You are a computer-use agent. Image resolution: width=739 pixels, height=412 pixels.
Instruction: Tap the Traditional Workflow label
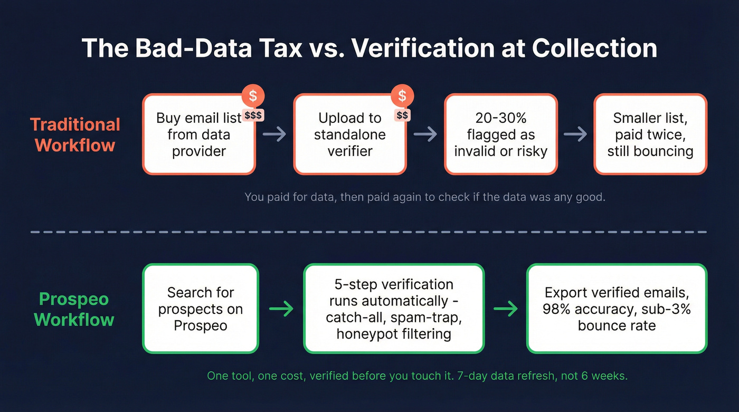click(75, 135)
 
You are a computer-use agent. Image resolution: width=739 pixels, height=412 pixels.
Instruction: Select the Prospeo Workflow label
click(74, 309)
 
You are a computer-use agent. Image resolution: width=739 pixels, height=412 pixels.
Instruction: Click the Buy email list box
click(198, 135)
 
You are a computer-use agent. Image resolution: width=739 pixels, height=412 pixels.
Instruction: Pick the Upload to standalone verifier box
click(349, 135)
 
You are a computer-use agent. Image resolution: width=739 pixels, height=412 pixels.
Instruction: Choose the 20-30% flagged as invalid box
click(500, 135)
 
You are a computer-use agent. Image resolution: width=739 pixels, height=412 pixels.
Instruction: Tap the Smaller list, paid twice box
click(650, 135)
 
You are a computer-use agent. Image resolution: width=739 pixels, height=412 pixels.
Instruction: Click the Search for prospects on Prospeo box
click(201, 309)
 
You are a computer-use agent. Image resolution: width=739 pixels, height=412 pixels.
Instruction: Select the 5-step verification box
click(393, 309)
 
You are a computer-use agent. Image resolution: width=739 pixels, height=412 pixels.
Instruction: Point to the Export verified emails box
click(617, 309)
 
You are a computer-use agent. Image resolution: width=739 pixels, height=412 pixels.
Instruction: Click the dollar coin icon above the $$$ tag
click(253, 95)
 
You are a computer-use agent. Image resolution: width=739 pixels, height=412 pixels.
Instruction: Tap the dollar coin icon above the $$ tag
click(402, 95)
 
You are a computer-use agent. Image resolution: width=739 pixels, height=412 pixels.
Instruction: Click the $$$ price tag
click(253, 114)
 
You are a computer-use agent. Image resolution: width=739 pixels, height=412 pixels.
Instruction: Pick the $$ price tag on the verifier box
click(402, 114)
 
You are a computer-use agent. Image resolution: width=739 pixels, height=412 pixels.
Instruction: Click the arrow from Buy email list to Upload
click(274, 135)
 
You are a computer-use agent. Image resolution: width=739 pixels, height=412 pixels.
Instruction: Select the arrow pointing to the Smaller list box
click(575, 135)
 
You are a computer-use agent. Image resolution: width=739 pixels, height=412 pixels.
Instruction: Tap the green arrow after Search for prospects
click(281, 309)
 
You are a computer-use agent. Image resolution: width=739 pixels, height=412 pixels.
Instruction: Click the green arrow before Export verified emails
click(505, 309)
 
